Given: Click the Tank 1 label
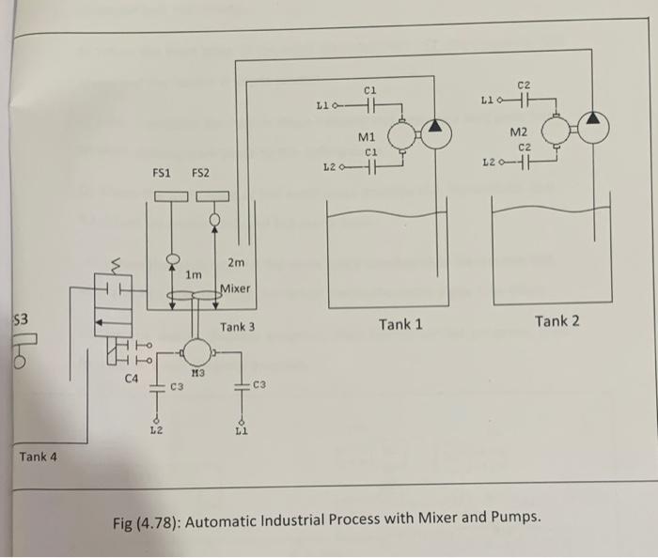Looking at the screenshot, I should (x=400, y=325).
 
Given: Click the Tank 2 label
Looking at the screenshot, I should (x=557, y=321).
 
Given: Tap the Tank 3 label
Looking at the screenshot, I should (x=237, y=327).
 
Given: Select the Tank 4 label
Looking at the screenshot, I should (x=38, y=457).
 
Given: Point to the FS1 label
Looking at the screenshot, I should (x=162, y=173).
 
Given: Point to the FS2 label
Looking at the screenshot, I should (x=200, y=173).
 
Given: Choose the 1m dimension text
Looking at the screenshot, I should (x=194, y=274).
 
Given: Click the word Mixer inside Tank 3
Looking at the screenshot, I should (x=235, y=287).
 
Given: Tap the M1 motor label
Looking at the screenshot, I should (x=368, y=138).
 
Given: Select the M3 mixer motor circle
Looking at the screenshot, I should (x=197, y=352).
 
